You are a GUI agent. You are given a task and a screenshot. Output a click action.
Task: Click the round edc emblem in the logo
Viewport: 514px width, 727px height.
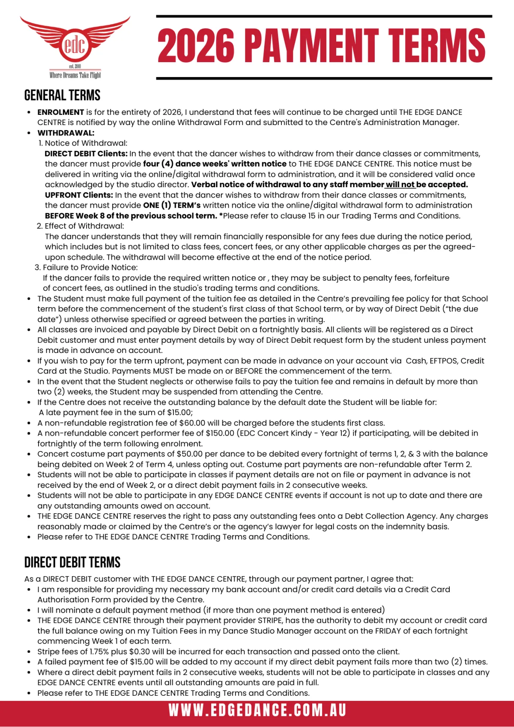click(75, 45)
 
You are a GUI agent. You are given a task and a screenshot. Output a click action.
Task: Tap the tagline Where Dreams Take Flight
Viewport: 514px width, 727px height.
click(75, 75)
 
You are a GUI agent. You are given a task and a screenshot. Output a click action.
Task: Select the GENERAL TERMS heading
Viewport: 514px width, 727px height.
click(62, 95)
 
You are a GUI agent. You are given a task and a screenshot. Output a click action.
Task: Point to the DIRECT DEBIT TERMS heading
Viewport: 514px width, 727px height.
click(72, 562)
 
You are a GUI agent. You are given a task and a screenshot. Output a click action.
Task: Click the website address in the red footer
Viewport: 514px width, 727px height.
click(257, 710)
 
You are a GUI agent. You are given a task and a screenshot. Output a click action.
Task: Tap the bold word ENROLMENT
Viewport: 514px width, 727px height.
click(60, 112)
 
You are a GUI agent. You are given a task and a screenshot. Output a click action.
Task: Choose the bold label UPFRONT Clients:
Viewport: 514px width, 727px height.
click(79, 195)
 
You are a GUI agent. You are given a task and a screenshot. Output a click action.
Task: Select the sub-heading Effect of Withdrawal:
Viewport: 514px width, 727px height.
click(84, 226)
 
